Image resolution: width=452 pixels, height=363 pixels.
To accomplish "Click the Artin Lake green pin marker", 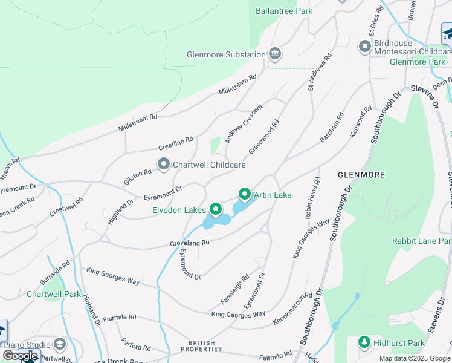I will pyautogui.click(x=245, y=194).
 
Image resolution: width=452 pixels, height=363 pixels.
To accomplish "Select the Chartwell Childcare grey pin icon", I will pyautogui.click(x=163, y=164).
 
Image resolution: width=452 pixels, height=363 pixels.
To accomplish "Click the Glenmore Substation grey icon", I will pyautogui.click(x=275, y=54).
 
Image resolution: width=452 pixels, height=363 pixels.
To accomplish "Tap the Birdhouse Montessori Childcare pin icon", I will pyautogui.click(x=364, y=47).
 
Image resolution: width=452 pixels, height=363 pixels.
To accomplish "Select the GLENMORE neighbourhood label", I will pyautogui.click(x=361, y=175).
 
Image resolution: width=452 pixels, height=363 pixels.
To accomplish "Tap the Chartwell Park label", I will pyautogui.click(x=54, y=294).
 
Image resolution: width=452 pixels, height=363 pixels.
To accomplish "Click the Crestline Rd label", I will pyautogui.click(x=175, y=143).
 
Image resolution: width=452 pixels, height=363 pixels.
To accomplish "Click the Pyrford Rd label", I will pyautogui.click(x=135, y=344).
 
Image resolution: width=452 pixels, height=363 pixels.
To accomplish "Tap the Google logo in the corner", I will pyautogui.click(x=20, y=355).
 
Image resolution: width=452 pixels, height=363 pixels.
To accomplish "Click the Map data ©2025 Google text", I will pyautogui.click(x=415, y=358).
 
